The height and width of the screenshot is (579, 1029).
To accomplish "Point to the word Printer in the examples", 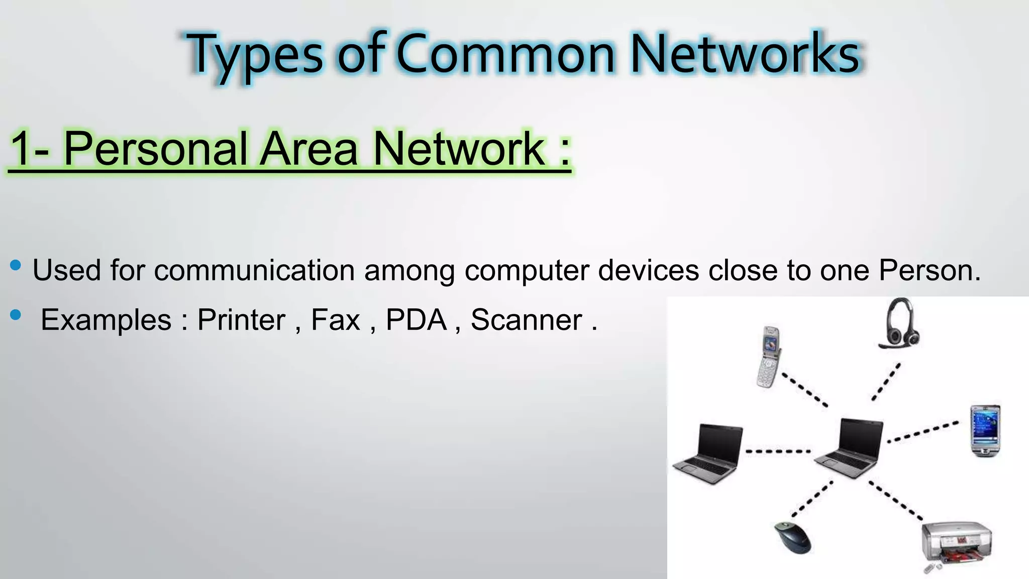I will coord(241,320).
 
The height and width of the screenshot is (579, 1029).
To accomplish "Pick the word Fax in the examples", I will coord(336,320).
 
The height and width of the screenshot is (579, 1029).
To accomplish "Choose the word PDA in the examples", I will coord(416,320).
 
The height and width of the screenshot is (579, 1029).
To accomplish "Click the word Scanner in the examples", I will coord(526,320).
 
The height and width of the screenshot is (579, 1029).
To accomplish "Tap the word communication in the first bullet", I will coord(254,270).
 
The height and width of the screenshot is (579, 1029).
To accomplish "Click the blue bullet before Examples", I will coord(16,315).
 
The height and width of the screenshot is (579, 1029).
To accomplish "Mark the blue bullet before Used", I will coord(16,265).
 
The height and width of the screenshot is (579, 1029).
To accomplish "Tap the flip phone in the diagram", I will coord(769,357).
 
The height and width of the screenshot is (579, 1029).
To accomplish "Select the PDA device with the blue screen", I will coord(985,431).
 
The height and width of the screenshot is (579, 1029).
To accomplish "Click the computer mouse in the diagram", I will coord(792,538).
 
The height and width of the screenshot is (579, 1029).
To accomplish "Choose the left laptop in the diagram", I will coord(708,453).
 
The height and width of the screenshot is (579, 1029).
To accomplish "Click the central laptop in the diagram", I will coord(849,447).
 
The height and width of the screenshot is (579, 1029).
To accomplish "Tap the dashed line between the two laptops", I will coord(778,451).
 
